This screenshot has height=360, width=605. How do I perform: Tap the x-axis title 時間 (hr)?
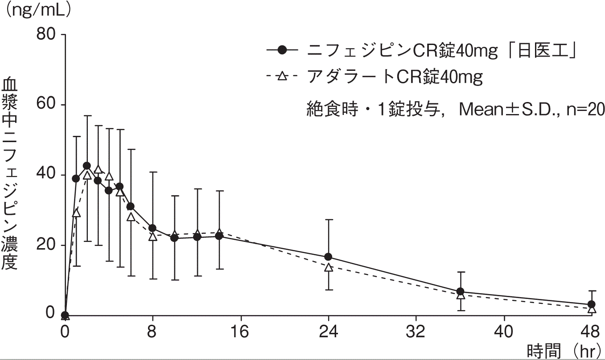coord(563,351)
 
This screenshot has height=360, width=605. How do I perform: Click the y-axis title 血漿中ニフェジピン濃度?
coord(10,174)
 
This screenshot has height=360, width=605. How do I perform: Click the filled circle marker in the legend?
coord(281,51)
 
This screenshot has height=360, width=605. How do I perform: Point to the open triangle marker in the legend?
coord(281,77)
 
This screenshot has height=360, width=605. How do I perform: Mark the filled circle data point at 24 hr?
coord(329,257)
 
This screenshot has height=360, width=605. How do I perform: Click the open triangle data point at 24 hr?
coord(329,268)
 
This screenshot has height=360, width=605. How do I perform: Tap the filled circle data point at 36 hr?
coord(460,291)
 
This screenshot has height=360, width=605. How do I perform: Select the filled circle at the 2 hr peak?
coord(87,166)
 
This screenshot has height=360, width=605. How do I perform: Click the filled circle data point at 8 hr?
coord(152,228)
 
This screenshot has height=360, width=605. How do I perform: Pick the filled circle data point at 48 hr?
coord(592,305)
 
